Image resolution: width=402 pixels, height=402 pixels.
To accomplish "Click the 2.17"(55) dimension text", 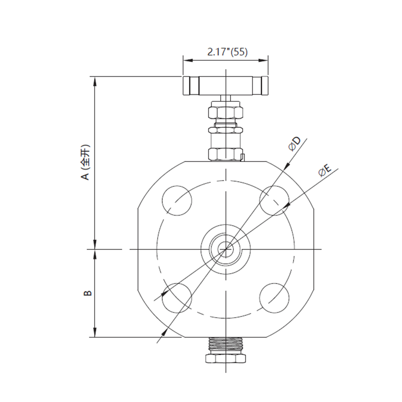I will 227,52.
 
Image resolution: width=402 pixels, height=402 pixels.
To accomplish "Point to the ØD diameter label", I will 294,144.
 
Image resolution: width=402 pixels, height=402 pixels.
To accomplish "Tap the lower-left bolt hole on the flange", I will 177,298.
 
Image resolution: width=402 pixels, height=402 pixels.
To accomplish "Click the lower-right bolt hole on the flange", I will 274,298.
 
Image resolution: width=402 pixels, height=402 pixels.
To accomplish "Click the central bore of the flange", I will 226,249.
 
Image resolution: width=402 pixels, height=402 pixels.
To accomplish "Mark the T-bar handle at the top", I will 225,86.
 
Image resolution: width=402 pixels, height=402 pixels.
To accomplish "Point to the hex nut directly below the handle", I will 225,112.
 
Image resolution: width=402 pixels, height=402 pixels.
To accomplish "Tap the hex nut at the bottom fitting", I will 225,359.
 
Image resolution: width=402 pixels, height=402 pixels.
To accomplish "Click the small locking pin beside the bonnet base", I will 243,157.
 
